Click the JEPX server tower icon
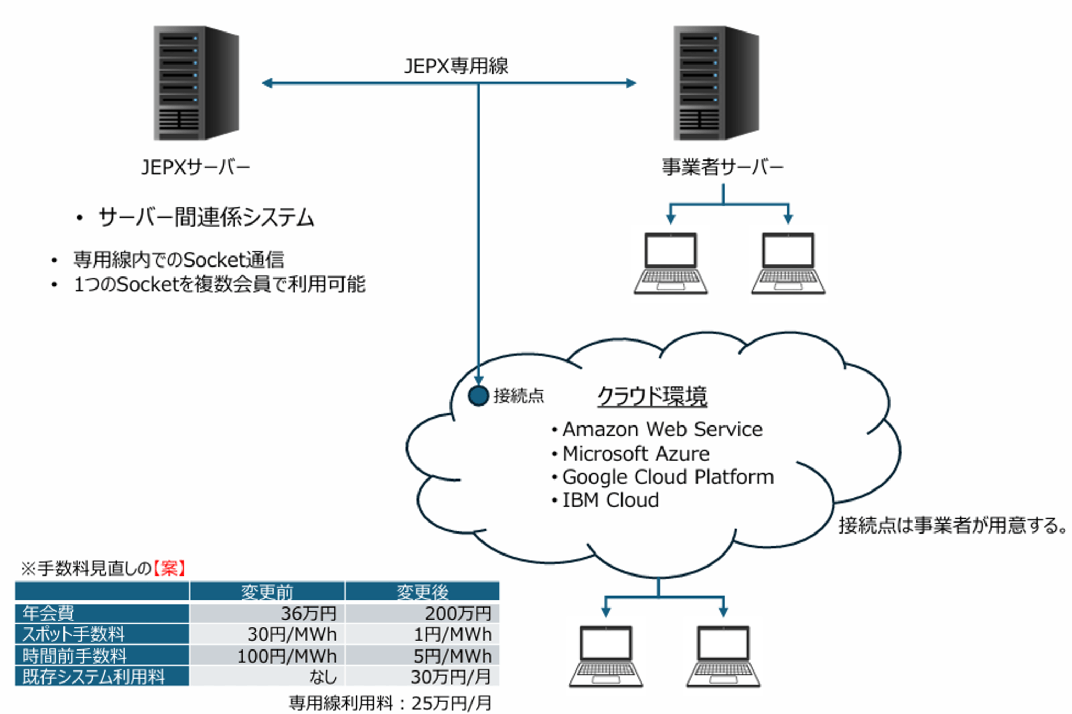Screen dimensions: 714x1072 coord(196,83)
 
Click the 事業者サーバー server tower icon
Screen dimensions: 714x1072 coord(716,83)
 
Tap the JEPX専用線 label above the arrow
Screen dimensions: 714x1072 coord(456,66)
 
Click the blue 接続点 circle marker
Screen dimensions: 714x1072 coord(478,396)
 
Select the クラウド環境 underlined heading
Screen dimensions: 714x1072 coord(652,396)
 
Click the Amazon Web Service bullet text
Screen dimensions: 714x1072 coord(662,430)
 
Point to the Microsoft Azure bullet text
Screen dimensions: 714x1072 coord(636,453)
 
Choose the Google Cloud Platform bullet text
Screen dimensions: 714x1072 coord(668,477)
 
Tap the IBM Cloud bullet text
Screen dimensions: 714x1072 coord(610,500)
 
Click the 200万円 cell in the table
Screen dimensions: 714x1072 coord(457,613)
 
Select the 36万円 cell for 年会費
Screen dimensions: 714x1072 coord(308,613)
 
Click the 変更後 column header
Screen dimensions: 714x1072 coord(422,592)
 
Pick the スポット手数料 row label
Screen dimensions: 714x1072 coord(73,634)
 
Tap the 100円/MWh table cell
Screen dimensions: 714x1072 coord(286,656)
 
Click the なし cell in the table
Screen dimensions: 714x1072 coord(322,677)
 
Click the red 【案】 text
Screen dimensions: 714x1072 coord(169,568)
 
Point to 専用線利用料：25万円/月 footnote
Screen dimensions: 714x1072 coord(390,703)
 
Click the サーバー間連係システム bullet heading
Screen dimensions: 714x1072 coord(206,217)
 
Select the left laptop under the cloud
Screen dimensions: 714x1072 coord(606,656)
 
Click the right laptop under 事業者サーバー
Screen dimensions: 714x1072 coord(788,262)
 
